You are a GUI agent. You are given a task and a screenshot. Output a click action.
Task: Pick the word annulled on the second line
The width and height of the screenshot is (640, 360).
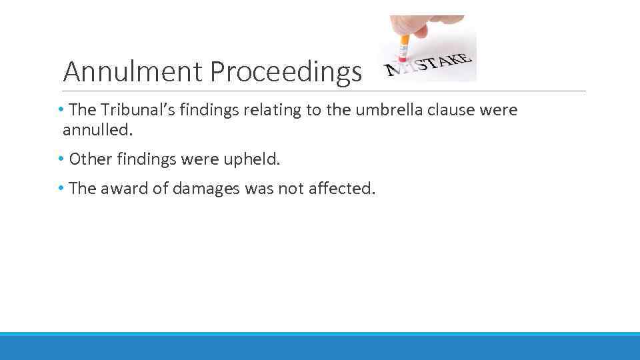(98, 130)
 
